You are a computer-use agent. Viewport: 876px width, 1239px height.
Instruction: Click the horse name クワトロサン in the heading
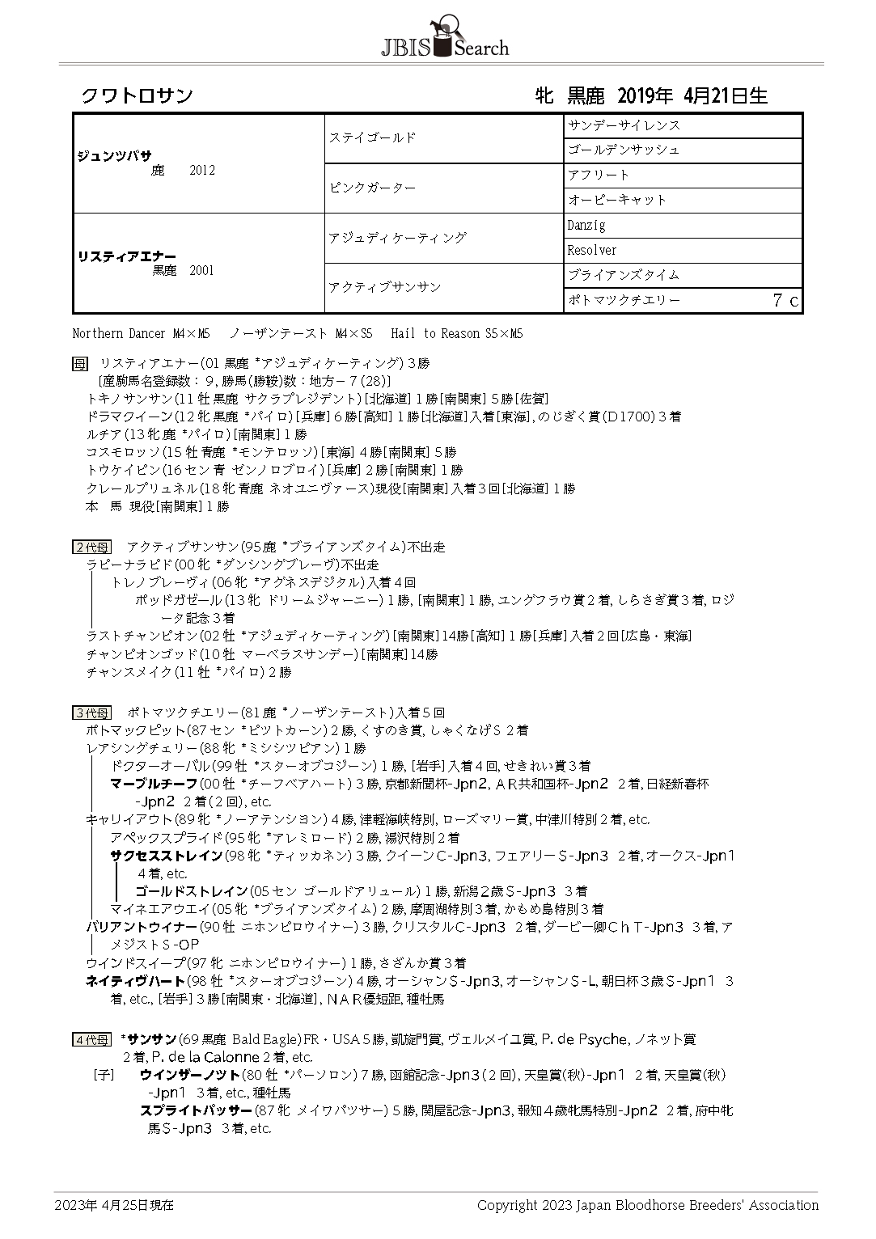point(137,96)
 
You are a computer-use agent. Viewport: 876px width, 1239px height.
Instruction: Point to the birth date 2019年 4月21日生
point(692,96)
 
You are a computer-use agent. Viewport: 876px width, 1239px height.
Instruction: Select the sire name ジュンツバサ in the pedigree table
point(114,156)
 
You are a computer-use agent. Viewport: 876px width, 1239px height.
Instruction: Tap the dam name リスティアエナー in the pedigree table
point(126,256)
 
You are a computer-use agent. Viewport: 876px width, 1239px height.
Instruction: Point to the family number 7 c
point(785,301)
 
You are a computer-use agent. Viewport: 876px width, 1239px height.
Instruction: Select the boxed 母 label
point(79,363)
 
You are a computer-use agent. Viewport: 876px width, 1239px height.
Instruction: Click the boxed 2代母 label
point(91,548)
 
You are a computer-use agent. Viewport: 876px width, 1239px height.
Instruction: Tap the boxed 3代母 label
point(91,713)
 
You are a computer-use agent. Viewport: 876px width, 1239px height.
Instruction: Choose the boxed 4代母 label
point(91,1039)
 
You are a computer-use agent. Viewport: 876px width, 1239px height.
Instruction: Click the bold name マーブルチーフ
point(154,784)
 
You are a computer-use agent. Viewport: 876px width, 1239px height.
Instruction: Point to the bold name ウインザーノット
point(190,1075)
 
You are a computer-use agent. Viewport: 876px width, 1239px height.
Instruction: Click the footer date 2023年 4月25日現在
point(114,1205)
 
